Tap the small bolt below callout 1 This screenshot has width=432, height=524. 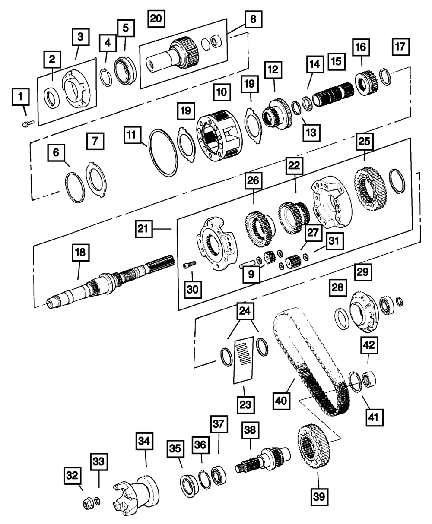coord(28,123)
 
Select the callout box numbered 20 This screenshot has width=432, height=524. coord(156,19)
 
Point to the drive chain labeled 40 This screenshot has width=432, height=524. coord(311,363)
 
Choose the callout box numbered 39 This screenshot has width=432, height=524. coord(319,497)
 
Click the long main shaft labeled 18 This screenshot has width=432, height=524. coord(111,282)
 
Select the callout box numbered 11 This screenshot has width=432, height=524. coord(132,135)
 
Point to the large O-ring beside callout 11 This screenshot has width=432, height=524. coord(163,153)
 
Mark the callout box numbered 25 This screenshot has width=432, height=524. coord(365,142)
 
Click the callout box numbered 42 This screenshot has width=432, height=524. coord(369,345)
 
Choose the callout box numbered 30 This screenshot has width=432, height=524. coord(193,290)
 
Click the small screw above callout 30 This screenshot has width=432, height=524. coord(190,264)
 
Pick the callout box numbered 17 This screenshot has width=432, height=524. coord(400,47)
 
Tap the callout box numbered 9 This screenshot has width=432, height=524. coord(251,274)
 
